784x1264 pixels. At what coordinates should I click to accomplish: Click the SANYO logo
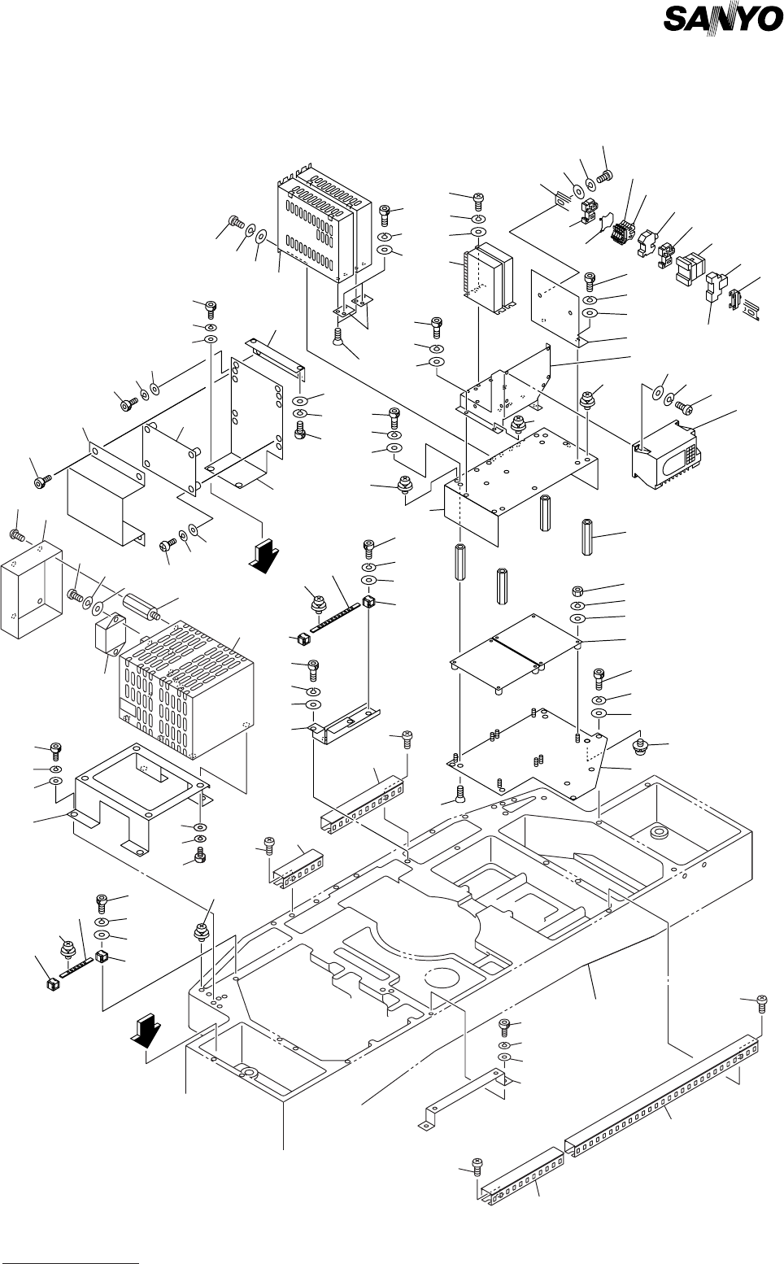pos(722,19)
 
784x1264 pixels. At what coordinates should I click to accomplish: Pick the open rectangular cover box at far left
pos(32,588)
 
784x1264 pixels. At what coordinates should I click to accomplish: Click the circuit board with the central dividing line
pos(516,651)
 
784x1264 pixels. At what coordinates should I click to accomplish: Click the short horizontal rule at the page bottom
pos(71,1242)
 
